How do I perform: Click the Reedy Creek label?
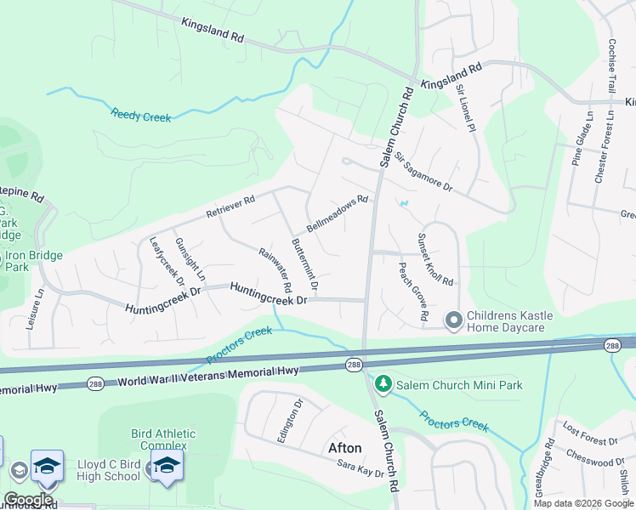140,115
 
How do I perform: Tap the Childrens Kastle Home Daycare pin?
454,320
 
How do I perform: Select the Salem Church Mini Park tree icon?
383,385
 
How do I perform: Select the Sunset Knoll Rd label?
434,259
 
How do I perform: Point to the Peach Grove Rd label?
413,292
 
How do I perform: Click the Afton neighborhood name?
344,448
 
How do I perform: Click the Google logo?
28,500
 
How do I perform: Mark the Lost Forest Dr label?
589,441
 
